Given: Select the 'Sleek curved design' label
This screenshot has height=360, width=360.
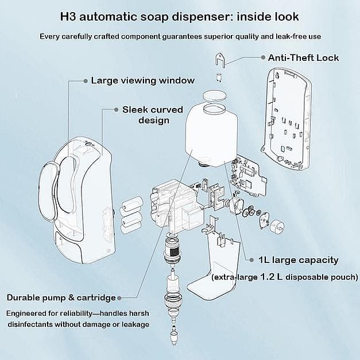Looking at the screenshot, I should pyautogui.click(x=153, y=115).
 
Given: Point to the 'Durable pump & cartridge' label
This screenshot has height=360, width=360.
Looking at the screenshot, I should pyautogui.click(x=61, y=297).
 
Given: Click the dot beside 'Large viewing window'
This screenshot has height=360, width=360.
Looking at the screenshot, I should pyautogui.click(x=86, y=80).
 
